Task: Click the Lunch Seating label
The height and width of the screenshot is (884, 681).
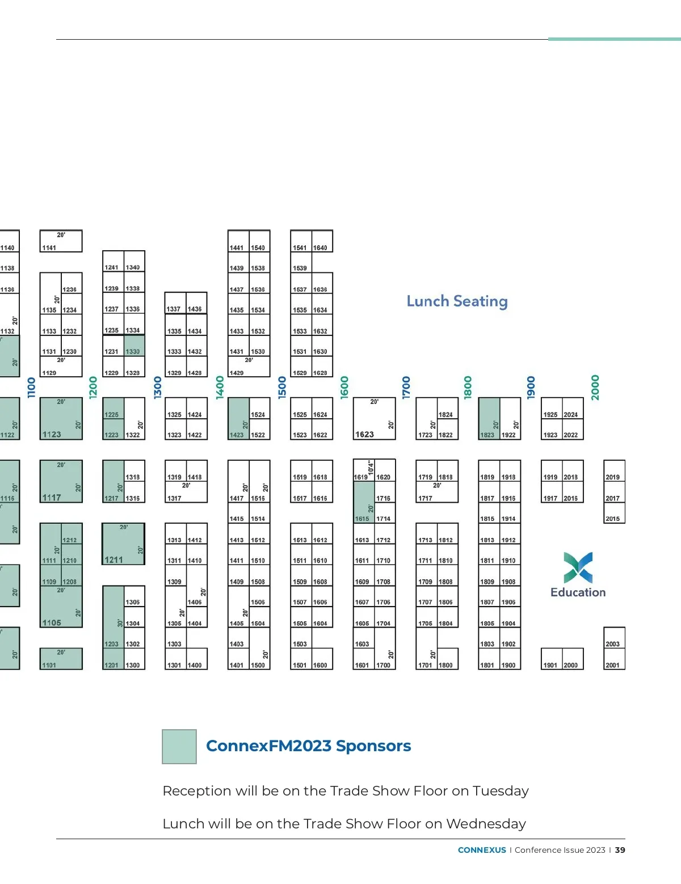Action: click(457, 301)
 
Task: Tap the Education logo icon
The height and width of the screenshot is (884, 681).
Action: click(578, 567)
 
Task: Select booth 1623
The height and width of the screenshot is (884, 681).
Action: click(374, 419)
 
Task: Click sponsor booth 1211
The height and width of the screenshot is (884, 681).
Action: click(123, 544)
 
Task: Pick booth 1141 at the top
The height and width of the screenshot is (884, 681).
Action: click(61, 242)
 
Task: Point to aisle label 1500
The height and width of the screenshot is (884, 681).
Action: click(282, 388)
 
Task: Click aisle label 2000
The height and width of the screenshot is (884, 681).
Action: click(595, 388)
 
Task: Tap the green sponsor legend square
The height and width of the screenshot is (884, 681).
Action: click(179, 747)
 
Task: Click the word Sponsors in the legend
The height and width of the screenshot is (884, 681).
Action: click(373, 746)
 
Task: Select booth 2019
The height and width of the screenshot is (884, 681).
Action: click(614, 472)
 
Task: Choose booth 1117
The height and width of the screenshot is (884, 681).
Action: click(61, 481)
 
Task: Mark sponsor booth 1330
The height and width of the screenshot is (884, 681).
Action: click(134, 346)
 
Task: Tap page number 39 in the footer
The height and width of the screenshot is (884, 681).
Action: click(620, 850)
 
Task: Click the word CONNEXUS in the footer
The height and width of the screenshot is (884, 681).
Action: click(482, 850)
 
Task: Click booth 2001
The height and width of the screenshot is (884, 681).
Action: click(614, 660)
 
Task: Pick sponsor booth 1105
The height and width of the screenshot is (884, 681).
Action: click(61, 607)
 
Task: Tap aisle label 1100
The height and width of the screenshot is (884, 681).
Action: click(31, 388)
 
